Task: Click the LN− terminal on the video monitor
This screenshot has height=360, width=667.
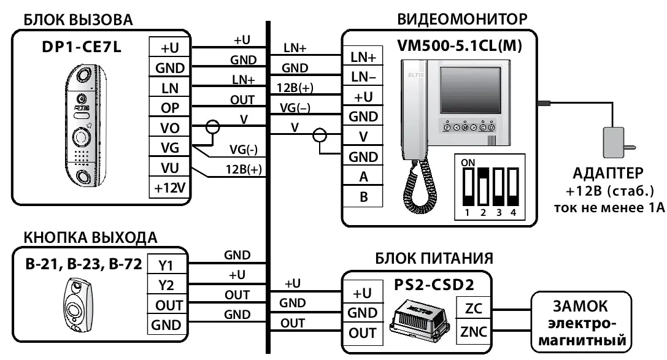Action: tap(363, 77)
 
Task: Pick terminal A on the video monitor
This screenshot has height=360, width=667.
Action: tap(363, 177)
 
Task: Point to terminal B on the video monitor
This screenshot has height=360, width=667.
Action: tap(363, 197)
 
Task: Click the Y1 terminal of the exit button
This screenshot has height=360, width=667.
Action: tap(166, 266)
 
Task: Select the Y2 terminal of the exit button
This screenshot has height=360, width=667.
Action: tap(166, 286)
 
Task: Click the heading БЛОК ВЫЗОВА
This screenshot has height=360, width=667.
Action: tap(77, 20)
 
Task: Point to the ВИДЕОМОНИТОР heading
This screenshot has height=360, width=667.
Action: tap(462, 19)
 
